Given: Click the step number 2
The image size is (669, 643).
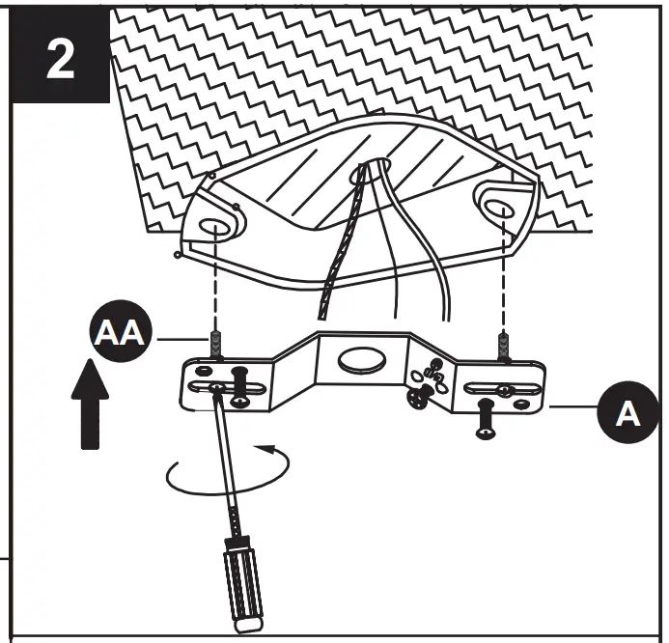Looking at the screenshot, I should coord(59,60).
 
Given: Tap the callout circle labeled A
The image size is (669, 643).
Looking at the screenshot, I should coord(627,414).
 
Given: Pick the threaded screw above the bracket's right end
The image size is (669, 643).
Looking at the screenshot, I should coord(503,345).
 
